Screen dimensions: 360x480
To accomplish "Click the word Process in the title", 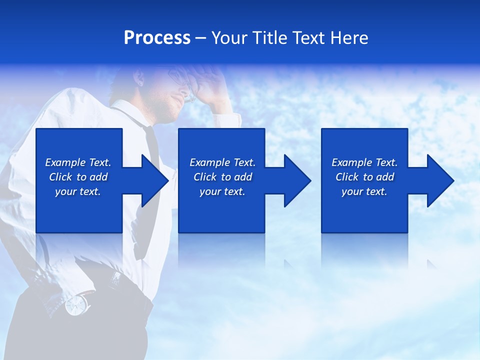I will tap(157, 38).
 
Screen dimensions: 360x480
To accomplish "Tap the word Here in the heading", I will tap(349, 38).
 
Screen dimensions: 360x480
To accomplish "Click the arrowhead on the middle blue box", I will tap(296, 180).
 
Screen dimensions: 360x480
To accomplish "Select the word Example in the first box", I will tap(65, 162).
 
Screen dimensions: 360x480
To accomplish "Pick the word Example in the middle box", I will tap(209, 162).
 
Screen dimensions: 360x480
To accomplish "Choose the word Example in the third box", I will tap(351, 162).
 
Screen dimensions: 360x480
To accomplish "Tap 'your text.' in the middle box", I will tap(222, 191).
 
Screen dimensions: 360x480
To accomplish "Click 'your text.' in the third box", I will tap(364, 191).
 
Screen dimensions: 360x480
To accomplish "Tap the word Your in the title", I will tap(230, 38).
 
